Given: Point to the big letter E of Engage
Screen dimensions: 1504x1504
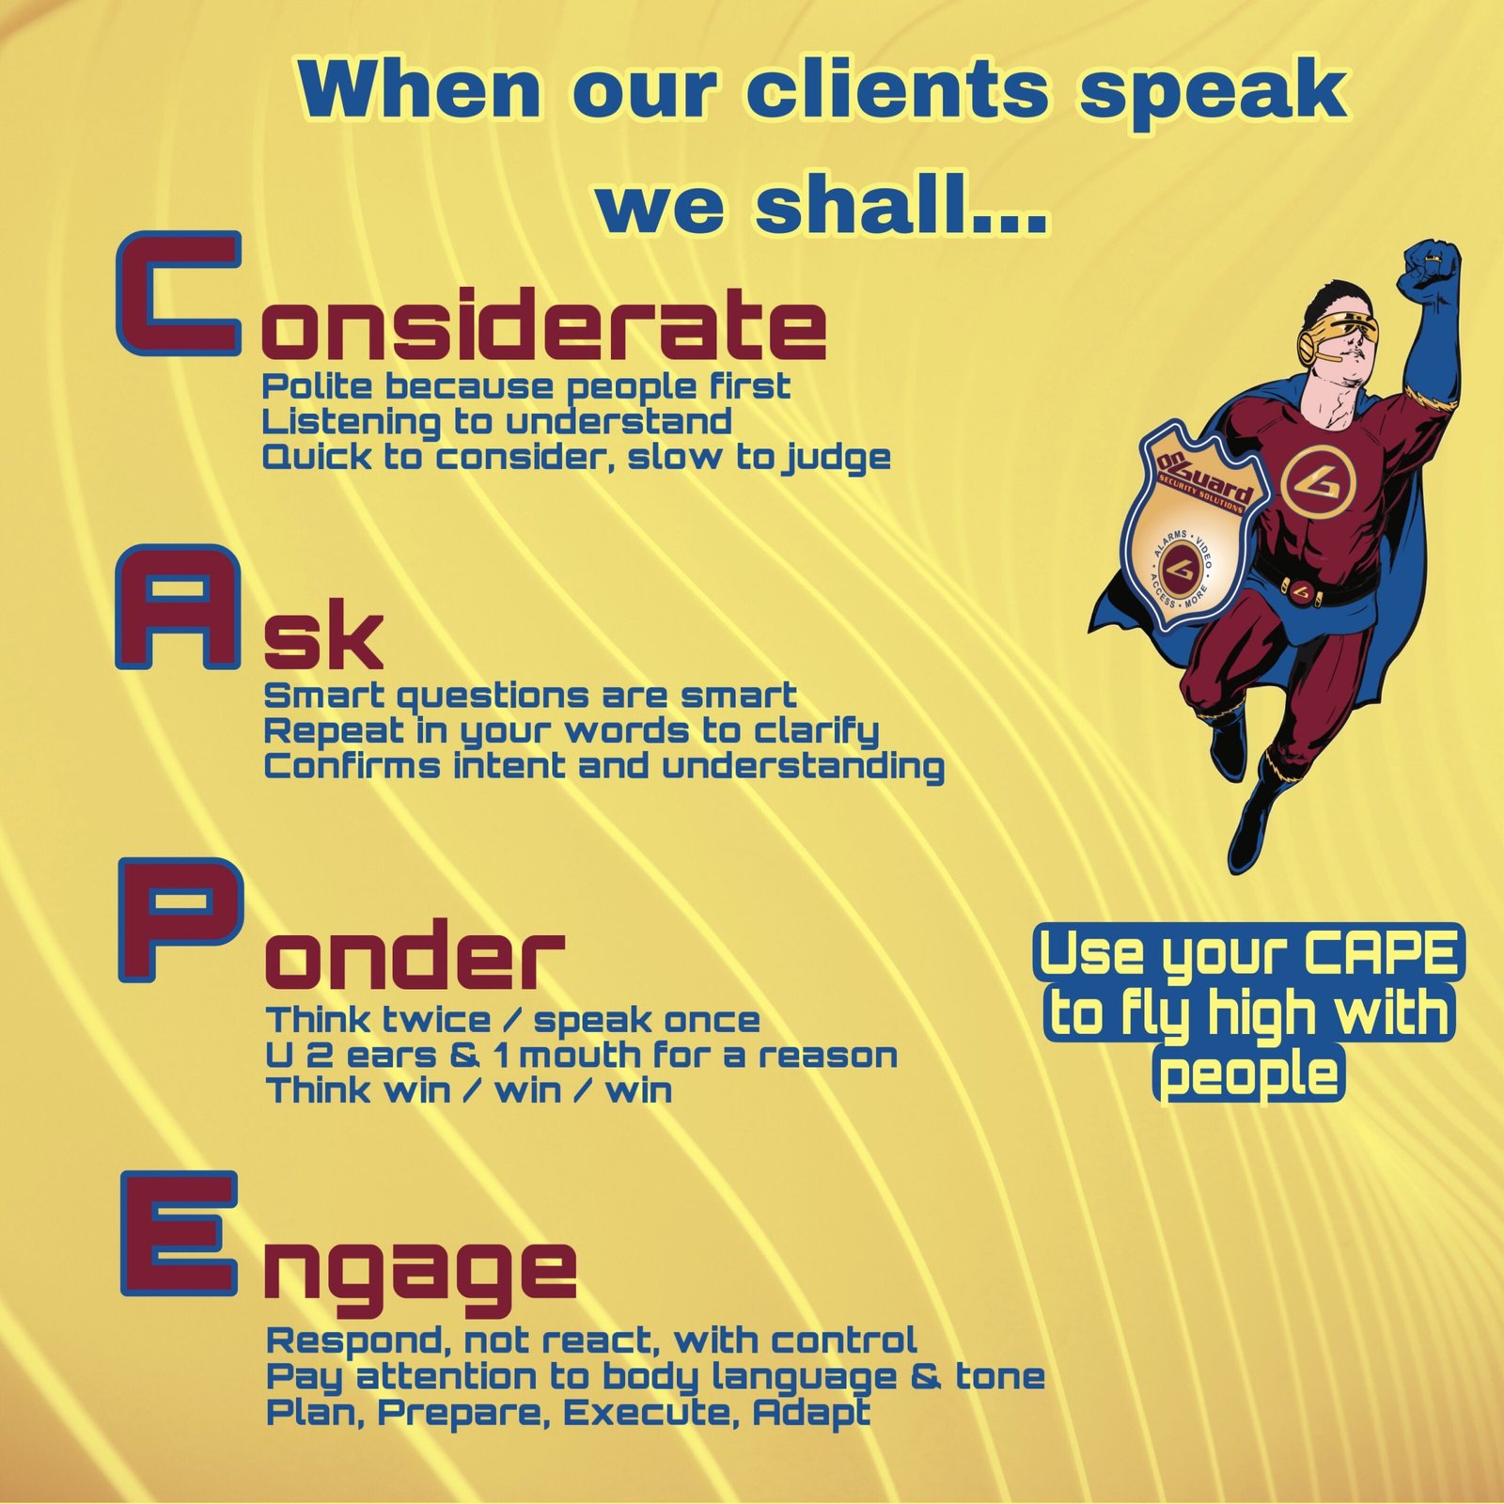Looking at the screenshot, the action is click(x=178, y=1232).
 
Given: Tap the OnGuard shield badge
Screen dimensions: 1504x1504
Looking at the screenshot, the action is click(x=1195, y=536).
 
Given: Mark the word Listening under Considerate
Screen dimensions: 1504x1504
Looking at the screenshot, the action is click(x=351, y=423).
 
